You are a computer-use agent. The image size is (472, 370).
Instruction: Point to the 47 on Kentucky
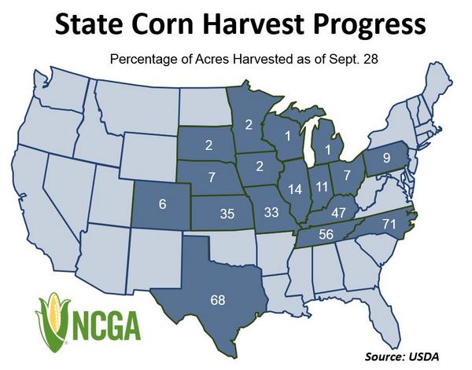(x=339, y=212)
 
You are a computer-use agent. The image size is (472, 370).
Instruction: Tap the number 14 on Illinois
(x=294, y=189)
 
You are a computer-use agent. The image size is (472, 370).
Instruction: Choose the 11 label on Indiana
(x=321, y=186)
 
